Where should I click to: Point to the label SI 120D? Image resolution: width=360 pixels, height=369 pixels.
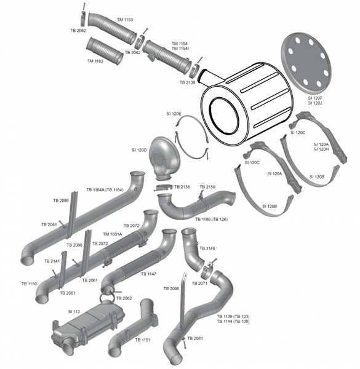[x=140, y=150]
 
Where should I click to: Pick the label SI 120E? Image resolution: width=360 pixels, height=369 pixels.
[x=174, y=114]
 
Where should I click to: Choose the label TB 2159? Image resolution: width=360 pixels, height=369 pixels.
[x=207, y=186]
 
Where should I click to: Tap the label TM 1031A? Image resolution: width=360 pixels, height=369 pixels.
[x=112, y=234]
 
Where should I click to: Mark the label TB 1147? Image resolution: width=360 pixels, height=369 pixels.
[x=149, y=274]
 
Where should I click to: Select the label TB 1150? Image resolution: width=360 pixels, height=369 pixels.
[x=29, y=284]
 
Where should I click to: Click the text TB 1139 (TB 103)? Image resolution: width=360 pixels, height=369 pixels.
[x=233, y=316]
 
